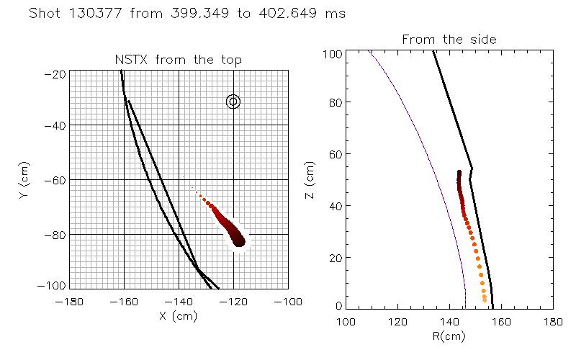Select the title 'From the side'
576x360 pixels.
tap(449, 40)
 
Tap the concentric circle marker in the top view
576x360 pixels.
tap(233, 102)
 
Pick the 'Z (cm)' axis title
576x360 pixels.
tap(310, 180)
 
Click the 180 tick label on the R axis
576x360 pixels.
tap(552, 320)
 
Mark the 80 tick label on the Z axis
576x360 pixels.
tap(334, 102)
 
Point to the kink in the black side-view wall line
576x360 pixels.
tap(472, 170)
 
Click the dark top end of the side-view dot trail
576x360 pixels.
tap(459, 173)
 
